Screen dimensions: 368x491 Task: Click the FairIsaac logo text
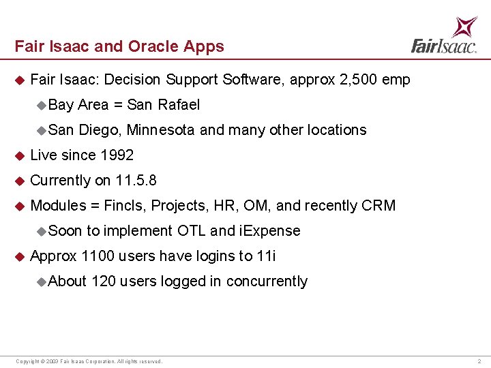point(443,46)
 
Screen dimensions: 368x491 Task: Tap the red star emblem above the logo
point(465,26)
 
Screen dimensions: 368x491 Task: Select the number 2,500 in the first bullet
point(358,80)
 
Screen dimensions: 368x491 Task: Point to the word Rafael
point(179,105)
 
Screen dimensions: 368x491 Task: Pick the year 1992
point(117,155)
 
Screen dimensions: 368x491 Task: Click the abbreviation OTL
point(192,231)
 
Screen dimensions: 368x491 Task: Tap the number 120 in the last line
point(103,281)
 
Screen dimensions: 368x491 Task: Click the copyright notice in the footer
point(89,361)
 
